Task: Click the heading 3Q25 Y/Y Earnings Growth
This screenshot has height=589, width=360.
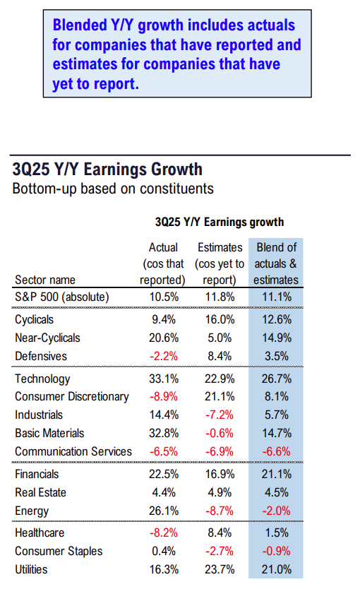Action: pyautogui.click(x=107, y=169)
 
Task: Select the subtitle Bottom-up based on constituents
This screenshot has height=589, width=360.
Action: pyautogui.click(x=113, y=189)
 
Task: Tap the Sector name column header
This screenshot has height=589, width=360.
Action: pyautogui.click(x=45, y=280)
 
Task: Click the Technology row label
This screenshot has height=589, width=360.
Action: pyautogui.click(x=42, y=379)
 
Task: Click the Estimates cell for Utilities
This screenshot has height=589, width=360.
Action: pyautogui.click(x=219, y=569)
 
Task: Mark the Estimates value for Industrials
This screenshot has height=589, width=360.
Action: pyautogui.click(x=219, y=415)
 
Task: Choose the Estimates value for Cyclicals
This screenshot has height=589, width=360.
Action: pyautogui.click(x=219, y=320)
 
